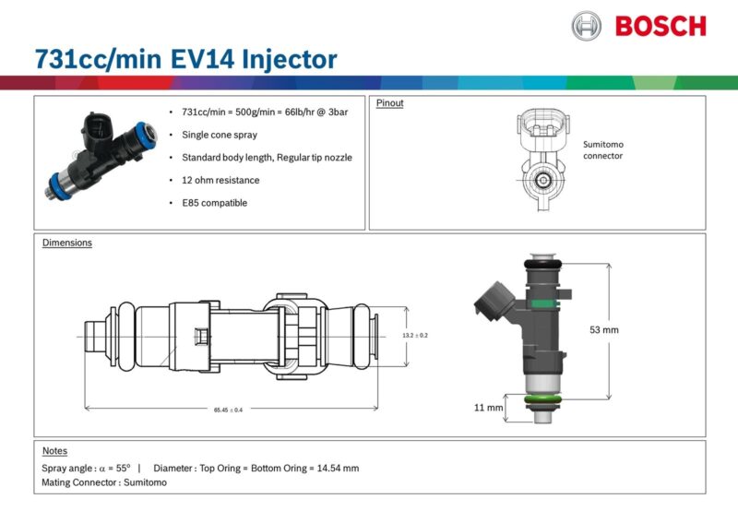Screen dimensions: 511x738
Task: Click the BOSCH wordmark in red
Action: pos(660,26)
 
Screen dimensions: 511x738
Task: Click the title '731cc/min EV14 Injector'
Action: pos(185,60)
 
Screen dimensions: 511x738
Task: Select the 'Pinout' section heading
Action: pos(389,103)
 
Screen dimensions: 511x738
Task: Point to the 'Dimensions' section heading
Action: pos(67,244)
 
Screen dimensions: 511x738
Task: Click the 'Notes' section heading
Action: pos(54,451)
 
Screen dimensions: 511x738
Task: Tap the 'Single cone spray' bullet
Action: pos(220,135)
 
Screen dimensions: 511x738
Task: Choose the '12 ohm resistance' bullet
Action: pos(220,180)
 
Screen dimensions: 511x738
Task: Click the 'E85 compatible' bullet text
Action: pos(215,203)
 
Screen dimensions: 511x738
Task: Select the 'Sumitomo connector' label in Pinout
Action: pos(603,150)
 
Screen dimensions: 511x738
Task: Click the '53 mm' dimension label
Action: pos(603,329)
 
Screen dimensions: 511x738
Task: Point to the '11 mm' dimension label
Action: pos(488,407)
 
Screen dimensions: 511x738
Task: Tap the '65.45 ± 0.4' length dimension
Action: pos(228,410)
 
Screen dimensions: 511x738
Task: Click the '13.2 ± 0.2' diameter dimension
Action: pos(415,335)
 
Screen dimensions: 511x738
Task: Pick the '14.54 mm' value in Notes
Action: pos(337,469)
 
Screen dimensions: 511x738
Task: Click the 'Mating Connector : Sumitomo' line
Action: pos(104,482)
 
